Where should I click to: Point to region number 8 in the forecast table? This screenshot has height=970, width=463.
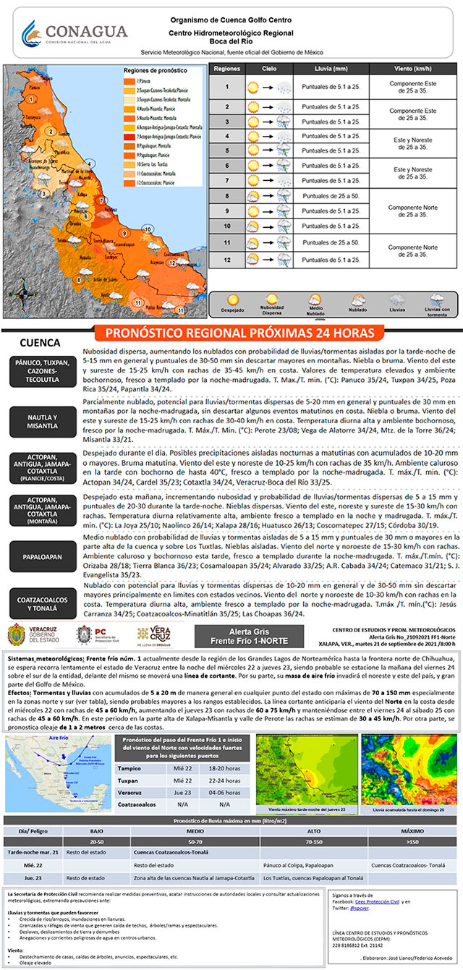[226, 195]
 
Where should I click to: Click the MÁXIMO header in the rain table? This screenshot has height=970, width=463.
[412, 832]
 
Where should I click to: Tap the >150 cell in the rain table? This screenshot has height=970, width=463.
[412, 842]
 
